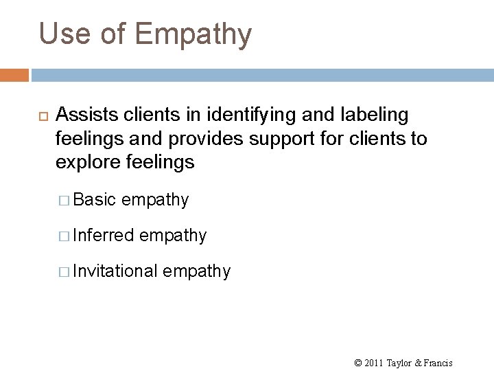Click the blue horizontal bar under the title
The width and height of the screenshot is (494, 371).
pyautogui.click(x=261, y=74)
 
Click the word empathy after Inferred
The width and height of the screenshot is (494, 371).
pyautogui.click(x=173, y=236)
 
